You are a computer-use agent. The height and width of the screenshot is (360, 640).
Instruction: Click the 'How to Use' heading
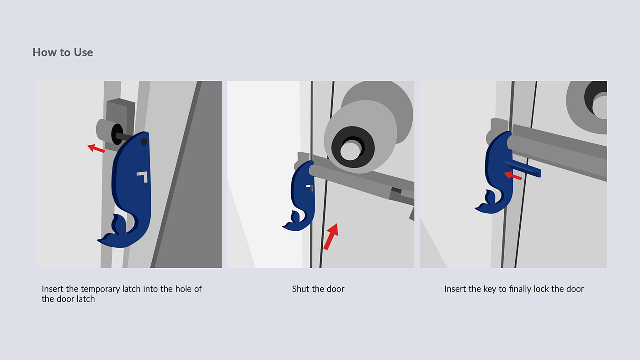[x=63, y=52]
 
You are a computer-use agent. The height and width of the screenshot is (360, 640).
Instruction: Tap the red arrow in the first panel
[x=96, y=148]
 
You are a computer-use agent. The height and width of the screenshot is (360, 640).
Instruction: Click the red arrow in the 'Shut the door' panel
[x=331, y=237]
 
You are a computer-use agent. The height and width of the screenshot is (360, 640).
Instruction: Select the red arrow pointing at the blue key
[x=513, y=175]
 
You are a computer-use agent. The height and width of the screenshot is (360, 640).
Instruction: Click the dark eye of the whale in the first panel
[x=144, y=142]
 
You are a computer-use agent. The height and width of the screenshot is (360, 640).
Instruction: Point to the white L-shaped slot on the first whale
[x=143, y=176]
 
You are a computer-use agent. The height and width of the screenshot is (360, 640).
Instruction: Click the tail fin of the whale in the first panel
[x=114, y=231]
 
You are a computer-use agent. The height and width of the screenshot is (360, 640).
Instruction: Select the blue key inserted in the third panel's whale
[x=522, y=169]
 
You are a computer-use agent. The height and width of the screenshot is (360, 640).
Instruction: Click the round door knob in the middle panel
[x=361, y=137]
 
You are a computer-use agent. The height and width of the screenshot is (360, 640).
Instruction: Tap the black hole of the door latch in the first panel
[x=117, y=134]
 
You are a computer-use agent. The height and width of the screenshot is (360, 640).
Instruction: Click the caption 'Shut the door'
[x=318, y=289]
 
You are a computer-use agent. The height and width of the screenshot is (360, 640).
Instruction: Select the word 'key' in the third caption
[x=490, y=289]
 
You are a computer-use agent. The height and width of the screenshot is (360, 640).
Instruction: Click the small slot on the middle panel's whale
[x=310, y=188]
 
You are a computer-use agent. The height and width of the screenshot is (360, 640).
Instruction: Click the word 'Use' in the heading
[x=83, y=52]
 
